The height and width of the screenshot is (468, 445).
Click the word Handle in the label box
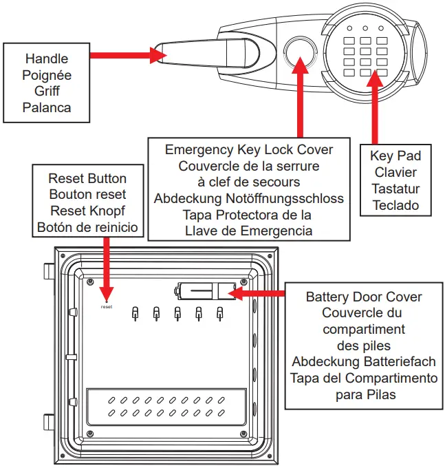(x=47, y=58)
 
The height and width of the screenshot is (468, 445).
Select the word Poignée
(x=47, y=74)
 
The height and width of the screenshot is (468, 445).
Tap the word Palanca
(x=47, y=107)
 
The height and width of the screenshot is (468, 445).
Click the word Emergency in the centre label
(x=197, y=149)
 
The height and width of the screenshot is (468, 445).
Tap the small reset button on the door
(x=106, y=299)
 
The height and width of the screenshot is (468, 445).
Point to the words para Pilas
(x=364, y=395)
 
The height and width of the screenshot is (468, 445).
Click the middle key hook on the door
(x=177, y=313)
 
